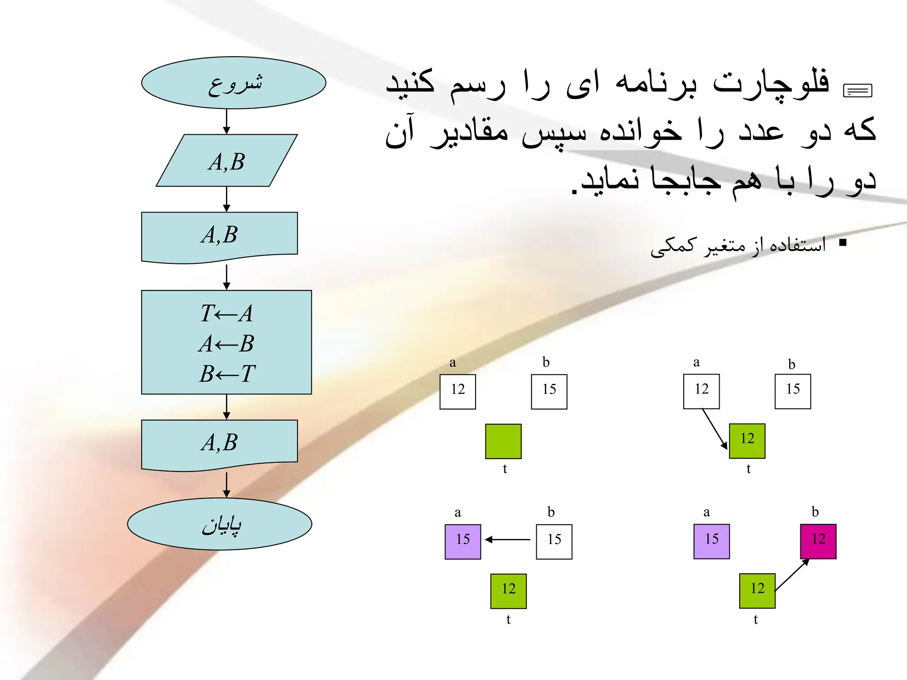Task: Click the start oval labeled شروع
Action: click(x=233, y=83)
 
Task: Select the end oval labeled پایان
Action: click(x=220, y=524)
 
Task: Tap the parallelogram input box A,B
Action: click(x=226, y=161)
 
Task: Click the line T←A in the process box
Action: click(x=226, y=313)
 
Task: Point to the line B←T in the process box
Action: click(x=226, y=374)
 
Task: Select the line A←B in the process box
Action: click(x=226, y=344)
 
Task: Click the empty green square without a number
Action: click(x=503, y=441)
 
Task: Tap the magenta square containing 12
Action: click(x=818, y=541)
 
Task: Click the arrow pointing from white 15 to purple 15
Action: click(x=508, y=540)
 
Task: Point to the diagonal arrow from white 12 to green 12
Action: click(x=714, y=429)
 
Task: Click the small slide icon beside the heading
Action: click(x=857, y=91)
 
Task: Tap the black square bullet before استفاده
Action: click(x=843, y=243)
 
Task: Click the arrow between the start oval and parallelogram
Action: click(x=226, y=121)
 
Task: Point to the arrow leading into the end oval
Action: click(x=226, y=485)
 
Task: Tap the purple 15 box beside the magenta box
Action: click(x=711, y=541)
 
